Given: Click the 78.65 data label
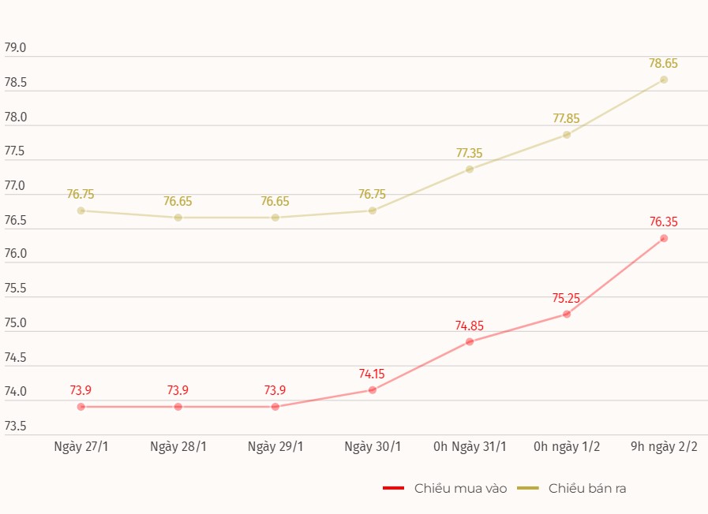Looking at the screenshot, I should click(663, 64).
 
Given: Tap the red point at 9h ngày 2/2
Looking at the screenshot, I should click(664, 238).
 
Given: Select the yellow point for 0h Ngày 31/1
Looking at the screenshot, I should click(470, 169).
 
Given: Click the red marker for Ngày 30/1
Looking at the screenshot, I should click(373, 389).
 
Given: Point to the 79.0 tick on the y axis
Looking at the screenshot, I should click(15, 48).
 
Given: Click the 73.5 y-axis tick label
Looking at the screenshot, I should click(15, 426).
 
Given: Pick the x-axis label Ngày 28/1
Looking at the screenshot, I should click(178, 447).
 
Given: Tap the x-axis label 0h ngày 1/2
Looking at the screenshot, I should click(567, 447).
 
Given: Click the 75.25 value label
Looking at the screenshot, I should click(566, 299).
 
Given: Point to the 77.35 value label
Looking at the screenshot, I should click(469, 154).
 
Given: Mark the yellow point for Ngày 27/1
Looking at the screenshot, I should click(81, 210).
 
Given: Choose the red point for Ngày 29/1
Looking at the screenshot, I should click(275, 407).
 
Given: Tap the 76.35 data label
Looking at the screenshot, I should click(663, 222).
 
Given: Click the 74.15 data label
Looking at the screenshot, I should click(372, 374).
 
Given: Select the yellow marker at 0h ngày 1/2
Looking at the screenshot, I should click(567, 135).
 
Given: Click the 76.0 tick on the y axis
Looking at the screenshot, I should click(15, 255).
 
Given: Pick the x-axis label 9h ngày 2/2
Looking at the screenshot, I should click(664, 447).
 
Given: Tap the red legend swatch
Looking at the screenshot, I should click(393, 489).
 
